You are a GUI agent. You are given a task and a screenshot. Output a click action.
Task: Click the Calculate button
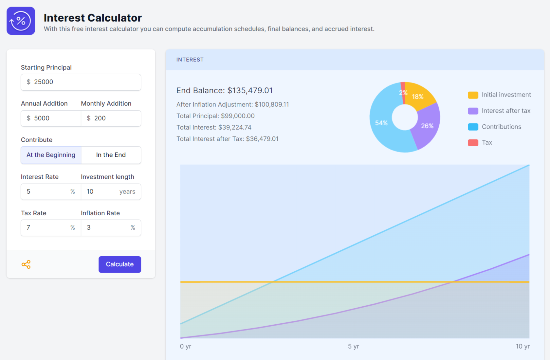tap(119, 264)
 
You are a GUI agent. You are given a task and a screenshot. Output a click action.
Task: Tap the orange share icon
tap(26, 264)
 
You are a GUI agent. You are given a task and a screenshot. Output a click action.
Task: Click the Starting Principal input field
tap(81, 82)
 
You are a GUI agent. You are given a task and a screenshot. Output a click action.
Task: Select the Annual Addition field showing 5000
tap(51, 118)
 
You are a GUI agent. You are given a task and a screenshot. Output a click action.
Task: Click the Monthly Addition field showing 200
tap(111, 118)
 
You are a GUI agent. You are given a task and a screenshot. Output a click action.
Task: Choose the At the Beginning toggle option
tap(51, 155)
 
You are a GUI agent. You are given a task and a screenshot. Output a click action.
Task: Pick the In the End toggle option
tap(111, 155)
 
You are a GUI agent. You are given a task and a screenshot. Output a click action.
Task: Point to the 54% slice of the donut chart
tap(381, 123)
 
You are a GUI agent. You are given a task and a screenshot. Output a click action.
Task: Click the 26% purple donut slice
tap(427, 126)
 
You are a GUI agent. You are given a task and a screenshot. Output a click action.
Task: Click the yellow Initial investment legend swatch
tap(473, 95)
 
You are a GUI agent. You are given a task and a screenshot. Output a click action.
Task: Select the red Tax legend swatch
tap(473, 143)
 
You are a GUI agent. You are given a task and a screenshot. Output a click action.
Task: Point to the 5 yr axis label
tap(354, 346)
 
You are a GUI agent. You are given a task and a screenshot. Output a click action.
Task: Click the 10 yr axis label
tap(522, 346)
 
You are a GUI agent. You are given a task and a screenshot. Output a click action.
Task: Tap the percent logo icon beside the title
tap(21, 21)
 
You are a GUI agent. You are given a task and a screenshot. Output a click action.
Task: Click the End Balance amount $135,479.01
tap(250, 91)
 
